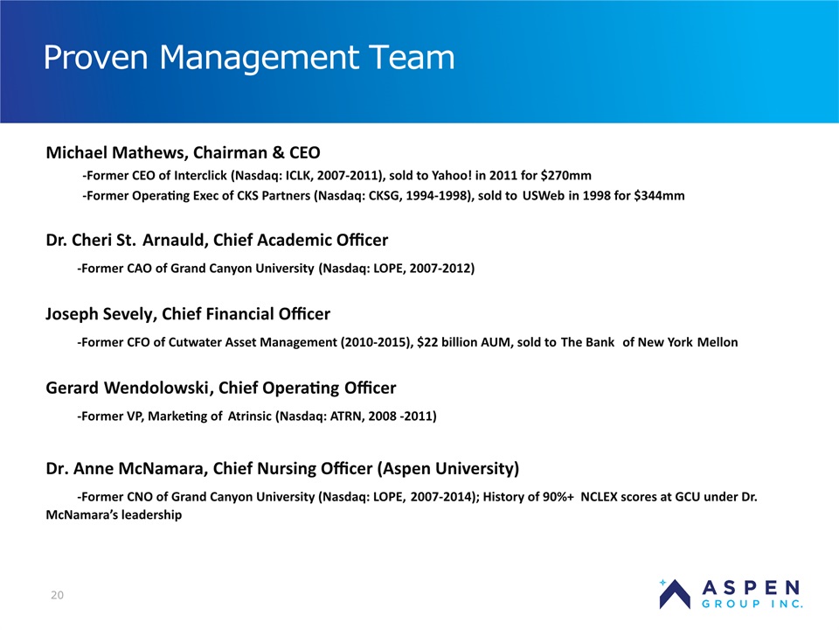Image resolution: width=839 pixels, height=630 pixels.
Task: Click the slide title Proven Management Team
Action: coord(249,58)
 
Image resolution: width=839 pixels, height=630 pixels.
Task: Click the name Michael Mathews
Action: coord(115,152)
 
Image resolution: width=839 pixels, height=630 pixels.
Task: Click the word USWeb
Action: coord(543,195)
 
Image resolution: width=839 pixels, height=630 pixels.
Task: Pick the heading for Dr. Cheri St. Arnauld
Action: coord(217,240)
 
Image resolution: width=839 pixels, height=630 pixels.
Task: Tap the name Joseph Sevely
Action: coord(101,314)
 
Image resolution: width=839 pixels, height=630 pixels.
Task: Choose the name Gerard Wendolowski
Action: coord(128,388)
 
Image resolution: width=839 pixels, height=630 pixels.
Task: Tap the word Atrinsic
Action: coord(250,416)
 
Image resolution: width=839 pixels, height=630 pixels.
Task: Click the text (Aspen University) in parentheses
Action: coord(448,469)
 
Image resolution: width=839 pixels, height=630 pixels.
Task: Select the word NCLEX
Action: coord(600,497)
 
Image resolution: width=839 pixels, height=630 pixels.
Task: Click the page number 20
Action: coord(58,595)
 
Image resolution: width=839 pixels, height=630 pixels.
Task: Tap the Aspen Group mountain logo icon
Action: coord(674,594)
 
